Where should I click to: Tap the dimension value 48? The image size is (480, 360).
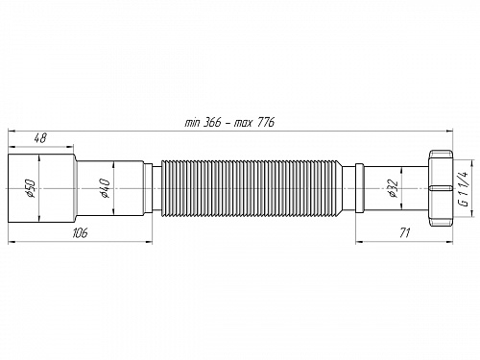[40, 138]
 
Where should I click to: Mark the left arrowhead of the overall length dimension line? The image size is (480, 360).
[12, 130]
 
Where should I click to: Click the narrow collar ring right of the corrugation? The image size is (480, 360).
[358, 188]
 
